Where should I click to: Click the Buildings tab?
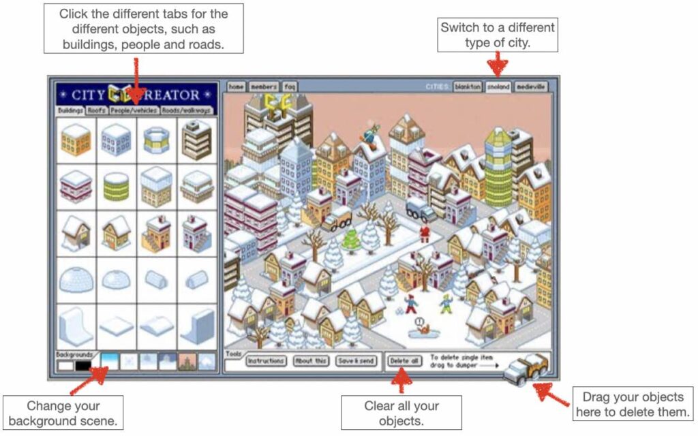pos(70,110)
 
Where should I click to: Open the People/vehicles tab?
pos(134,110)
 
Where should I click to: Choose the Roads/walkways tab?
pos(187,110)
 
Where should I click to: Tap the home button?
pos(236,87)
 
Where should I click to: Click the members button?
pos(263,87)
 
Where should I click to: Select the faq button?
pos(290,87)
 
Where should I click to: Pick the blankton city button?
pos(468,87)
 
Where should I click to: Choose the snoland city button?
pos(498,87)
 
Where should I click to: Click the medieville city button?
pos(531,87)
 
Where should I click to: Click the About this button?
pos(310,360)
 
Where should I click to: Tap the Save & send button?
pos(356,360)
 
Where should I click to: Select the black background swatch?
pos(83,366)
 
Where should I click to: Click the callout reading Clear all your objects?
pos(401,414)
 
